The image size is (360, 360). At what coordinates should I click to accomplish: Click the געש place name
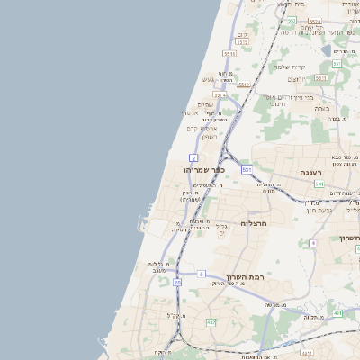208,82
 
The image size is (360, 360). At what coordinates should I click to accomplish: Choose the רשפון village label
202,136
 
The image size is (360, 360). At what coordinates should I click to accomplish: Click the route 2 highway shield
193,157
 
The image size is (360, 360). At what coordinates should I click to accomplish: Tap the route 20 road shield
177,283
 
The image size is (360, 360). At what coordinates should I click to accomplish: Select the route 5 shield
202,273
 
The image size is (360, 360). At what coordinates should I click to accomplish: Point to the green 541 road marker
319,184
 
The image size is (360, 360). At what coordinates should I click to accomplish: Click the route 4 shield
313,243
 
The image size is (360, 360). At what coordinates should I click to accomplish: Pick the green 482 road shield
211,321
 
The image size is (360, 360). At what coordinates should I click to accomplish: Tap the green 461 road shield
337,313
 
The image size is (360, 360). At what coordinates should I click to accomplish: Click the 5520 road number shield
242,41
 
